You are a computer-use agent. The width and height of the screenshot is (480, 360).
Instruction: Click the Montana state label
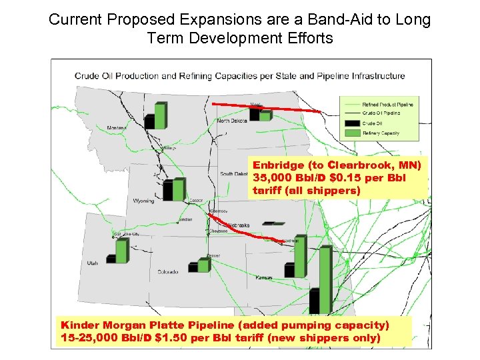(116, 127)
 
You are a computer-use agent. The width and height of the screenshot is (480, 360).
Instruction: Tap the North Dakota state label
(232, 121)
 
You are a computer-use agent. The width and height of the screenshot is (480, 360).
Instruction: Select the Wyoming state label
(143, 200)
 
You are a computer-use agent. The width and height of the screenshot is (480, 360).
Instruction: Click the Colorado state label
(167, 272)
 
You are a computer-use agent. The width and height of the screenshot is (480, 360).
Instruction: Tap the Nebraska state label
(238, 225)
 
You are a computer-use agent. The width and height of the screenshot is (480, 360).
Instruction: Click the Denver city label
(213, 256)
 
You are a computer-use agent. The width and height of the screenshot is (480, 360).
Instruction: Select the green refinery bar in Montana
(161, 115)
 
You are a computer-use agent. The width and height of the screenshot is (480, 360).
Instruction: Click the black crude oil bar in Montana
(149, 121)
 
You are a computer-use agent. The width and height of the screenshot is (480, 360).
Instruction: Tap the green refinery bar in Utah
(121, 251)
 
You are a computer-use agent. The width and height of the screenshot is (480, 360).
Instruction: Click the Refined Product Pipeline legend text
(387, 105)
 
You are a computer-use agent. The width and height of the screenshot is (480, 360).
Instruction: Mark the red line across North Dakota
(267, 107)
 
